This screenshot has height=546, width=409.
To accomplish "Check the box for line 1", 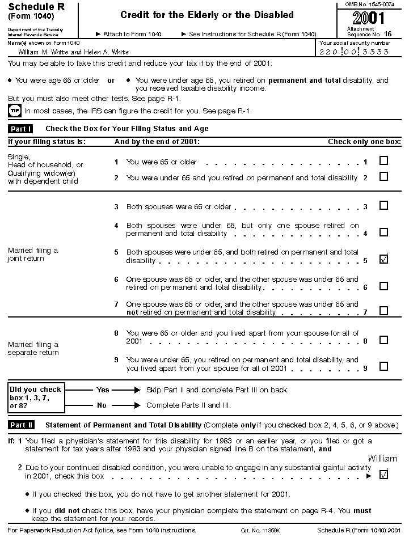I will [383, 161].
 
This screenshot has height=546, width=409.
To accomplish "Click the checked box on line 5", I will [383, 260].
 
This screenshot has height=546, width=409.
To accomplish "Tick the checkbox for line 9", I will [383, 366].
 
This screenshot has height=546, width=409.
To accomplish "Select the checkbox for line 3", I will [383, 205].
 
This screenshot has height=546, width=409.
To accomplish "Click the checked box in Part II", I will [383, 475].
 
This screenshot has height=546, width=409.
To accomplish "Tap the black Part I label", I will [21, 129].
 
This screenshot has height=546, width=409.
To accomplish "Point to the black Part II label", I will [22, 425].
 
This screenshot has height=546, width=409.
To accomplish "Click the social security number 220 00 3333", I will [355, 52].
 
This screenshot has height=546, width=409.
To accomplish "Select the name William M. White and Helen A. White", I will [74, 52].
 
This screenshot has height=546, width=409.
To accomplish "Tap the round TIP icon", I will [14, 111].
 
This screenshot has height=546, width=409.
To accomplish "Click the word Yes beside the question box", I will [103, 390].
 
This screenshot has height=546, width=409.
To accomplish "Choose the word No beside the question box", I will [102, 405].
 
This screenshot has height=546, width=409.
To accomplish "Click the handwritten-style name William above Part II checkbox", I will [382, 458].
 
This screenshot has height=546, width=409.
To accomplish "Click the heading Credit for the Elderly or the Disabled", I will [207, 15].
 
